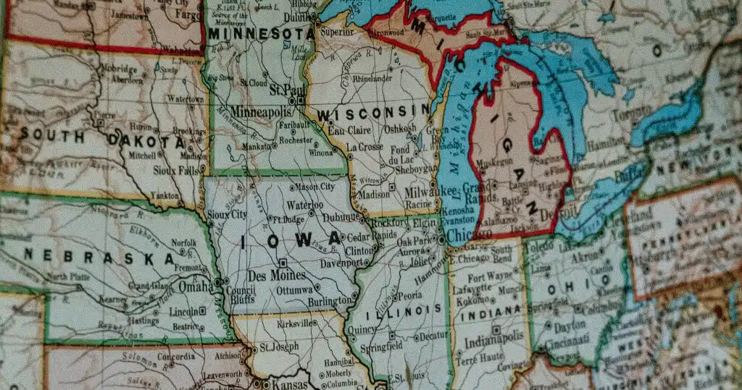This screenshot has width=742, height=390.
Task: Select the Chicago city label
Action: click(469, 235)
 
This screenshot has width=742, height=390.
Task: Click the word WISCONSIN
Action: click(372, 113)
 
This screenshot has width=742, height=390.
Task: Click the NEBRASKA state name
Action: click(99, 255)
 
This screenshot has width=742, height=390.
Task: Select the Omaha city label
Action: click(196, 287)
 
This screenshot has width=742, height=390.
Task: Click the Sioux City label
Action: click(226, 214)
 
